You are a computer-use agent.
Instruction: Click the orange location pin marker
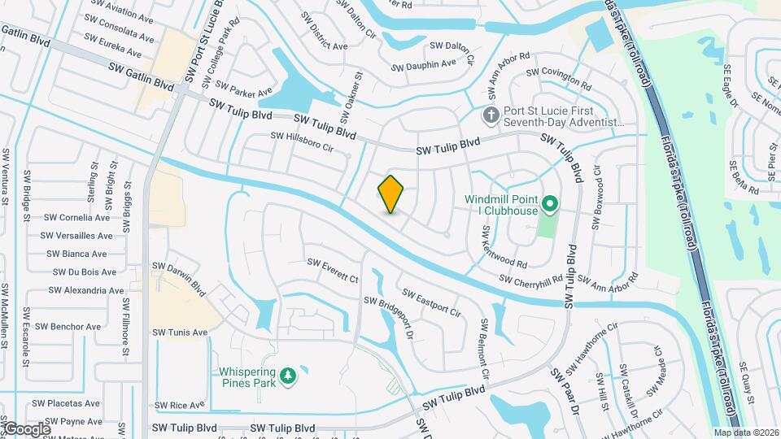(x=391, y=194)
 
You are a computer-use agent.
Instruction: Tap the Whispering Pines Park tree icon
(x=287, y=375)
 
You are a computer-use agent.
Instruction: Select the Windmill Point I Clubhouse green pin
(x=549, y=204)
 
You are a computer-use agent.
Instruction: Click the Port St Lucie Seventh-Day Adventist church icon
(x=491, y=115)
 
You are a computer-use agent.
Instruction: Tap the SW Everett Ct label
(x=332, y=272)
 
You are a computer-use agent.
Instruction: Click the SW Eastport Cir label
(x=432, y=302)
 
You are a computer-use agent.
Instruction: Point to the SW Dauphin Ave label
(x=424, y=64)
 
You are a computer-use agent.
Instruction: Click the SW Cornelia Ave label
(x=76, y=218)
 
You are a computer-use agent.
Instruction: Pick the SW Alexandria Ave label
(x=86, y=290)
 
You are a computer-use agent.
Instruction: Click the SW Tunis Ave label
(x=180, y=333)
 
